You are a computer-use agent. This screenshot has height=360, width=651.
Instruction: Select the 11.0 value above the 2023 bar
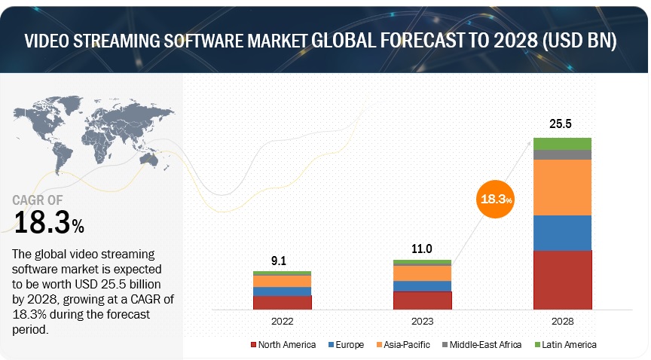coord(422,247)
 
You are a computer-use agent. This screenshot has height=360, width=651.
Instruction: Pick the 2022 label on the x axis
coord(282,321)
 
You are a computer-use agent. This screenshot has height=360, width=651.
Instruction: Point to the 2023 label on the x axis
coord(422,321)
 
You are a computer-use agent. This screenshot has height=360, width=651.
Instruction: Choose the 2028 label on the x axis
coord(562,321)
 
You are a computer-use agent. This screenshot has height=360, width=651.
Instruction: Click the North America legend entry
coord(283,345)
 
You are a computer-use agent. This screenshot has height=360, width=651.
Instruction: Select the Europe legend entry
coord(347,345)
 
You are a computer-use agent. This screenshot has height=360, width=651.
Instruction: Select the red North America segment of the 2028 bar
coord(562,280)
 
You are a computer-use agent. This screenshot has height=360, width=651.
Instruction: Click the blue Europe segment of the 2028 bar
coord(562,233)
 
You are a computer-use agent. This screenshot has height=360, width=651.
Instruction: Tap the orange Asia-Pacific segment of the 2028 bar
coord(562,188)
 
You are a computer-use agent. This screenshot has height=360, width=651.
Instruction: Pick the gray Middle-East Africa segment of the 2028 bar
coord(562,154)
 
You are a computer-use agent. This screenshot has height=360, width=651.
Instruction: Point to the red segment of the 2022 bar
coord(282,303)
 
